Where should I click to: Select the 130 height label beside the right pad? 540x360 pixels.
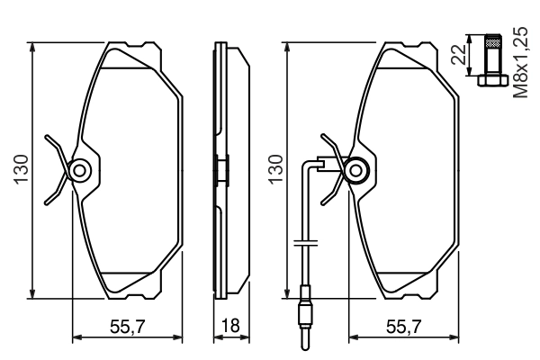coord(277,169)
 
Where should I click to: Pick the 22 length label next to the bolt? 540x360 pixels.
coord(458,56)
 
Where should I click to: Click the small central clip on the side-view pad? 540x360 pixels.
coord(221,169)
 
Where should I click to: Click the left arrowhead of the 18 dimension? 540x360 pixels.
coord(216,339)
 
